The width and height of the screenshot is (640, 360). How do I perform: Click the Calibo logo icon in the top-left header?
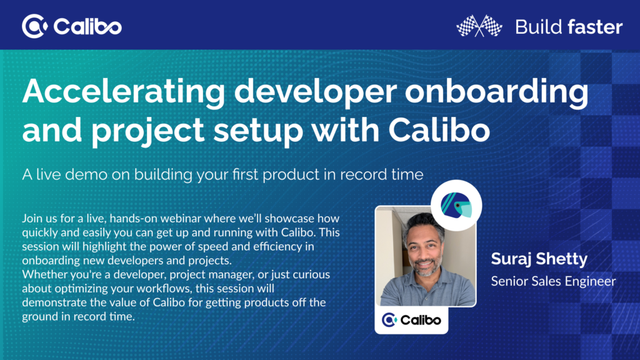34,26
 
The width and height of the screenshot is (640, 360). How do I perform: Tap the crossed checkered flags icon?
479,26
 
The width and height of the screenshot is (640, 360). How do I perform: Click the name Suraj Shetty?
531,259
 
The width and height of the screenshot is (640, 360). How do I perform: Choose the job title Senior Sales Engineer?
553,281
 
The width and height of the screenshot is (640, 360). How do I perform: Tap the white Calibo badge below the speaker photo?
411,320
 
